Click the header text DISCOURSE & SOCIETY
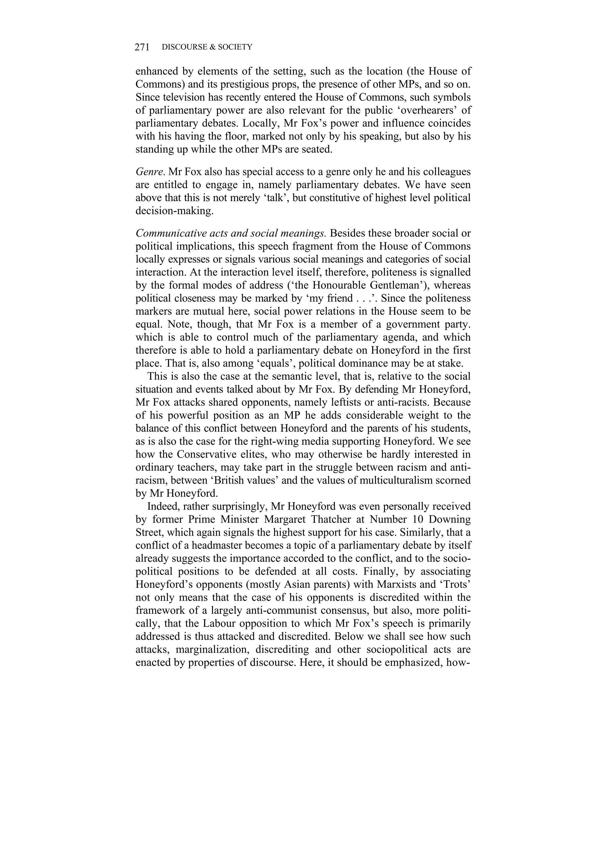pos(206,47)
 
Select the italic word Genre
pos(150,172)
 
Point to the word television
pos(181,97)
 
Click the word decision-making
pos(175,211)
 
